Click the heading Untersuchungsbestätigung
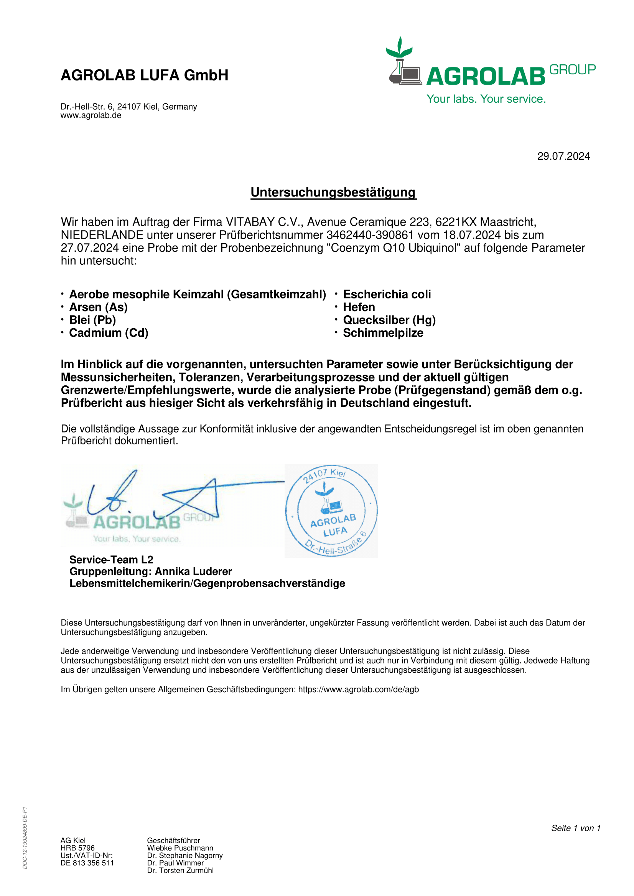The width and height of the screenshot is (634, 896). click(333, 192)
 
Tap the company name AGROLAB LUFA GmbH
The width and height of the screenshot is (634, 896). click(145, 75)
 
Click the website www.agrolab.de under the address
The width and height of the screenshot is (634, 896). click(91, 116)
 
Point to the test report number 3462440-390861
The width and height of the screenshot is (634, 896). click(369, 235)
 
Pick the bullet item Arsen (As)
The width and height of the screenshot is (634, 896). click(99, 307)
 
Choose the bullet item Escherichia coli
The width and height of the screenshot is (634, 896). click(387, 294)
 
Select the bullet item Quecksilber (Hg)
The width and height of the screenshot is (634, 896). click(389, 320)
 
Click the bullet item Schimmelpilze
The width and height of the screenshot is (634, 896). click(383, 333)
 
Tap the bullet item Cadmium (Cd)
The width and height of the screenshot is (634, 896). click(109, 333)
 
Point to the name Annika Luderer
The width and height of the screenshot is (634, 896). click(193, 571)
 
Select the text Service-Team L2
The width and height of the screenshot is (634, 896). click(111, 560)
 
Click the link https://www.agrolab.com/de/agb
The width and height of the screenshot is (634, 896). click(358, 689)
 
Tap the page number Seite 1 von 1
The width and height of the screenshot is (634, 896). click(575, 828)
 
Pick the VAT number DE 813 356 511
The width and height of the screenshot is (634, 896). click(87, 863)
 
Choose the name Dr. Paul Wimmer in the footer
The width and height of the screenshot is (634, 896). click(175, 863)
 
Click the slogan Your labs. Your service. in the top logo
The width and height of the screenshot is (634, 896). click(486, 99)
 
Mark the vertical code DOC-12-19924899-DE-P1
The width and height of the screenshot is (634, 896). click(25, 837)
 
